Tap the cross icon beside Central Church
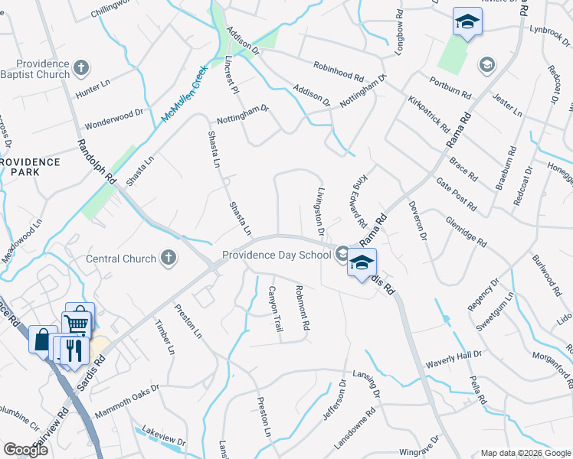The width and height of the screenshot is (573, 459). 168,259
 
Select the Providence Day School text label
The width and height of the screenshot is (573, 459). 277,255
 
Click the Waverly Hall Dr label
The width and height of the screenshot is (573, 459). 454,355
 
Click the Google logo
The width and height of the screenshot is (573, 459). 25,450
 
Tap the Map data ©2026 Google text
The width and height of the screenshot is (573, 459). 526,453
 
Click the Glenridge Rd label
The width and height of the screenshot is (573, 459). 466,230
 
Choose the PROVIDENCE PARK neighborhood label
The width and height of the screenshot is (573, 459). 31,168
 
